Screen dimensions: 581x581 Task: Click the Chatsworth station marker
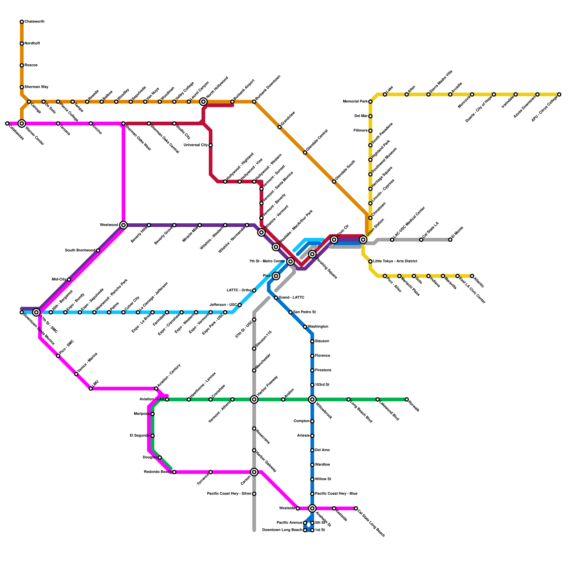click(x=22, y=22)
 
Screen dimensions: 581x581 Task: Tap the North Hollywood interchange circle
click(x=203, y=102)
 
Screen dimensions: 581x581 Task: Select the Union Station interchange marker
click(x=363, y=240)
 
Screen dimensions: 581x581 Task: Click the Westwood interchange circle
click(x=123, y=225)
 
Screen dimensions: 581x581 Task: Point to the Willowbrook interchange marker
click(x=312, y=399)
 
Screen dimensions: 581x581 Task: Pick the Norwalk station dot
click(x=407, y=399)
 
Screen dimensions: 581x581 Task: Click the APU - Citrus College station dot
click(x=559, y=94)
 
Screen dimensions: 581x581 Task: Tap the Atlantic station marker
click(x=472, y=276)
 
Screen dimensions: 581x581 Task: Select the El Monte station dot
click(x=450, y=240)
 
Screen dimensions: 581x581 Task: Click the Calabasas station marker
click(x=7, y=123)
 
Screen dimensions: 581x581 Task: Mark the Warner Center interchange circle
click(x=22, y=123)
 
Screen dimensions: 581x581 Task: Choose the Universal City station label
click(x=196, y=145)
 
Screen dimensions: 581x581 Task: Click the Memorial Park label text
click(x=355, y=102)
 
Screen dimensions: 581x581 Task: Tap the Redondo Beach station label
click(x=158, y=472)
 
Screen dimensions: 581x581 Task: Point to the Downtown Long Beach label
click(x=282, y=530)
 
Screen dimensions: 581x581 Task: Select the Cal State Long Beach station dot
click(x=356, y=508)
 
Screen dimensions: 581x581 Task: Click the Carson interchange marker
click(x=254, y=472)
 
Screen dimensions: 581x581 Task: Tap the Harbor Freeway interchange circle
click(x=254, y=399)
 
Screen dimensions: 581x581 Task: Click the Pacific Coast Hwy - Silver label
click(x=229, y=494)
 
